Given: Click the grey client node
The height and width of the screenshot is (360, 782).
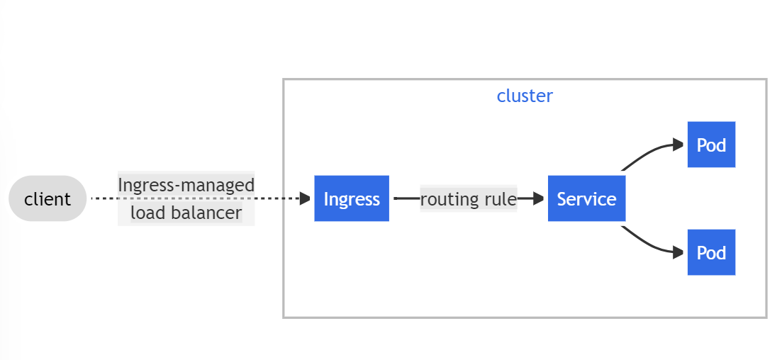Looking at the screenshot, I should point(48,198).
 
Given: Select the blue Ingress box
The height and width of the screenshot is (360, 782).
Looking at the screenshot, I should point(352,198).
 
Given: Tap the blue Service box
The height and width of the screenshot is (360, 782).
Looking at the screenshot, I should point(586,198).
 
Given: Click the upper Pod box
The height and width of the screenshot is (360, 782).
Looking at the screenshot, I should point(711,145).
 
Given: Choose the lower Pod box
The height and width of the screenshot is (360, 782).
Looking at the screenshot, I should point(711,252).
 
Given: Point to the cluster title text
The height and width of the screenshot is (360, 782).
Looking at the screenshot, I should point(525,96).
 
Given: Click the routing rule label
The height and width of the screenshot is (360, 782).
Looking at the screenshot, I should point(469,199).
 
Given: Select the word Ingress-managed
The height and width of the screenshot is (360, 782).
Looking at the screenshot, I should point(186,185).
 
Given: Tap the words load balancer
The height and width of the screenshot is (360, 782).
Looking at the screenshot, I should point(186,213).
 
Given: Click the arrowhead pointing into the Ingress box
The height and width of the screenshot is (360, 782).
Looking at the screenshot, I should point(306,198).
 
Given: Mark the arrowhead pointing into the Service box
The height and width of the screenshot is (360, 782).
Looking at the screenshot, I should point(540,198).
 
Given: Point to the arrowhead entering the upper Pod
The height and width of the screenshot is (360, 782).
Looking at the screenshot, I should point(680,145).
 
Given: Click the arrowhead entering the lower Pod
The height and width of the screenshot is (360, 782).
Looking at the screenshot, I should point(680,252).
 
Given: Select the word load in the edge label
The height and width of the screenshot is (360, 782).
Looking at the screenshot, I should point(147,213).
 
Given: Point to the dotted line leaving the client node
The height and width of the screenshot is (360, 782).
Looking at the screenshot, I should point(104,198).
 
